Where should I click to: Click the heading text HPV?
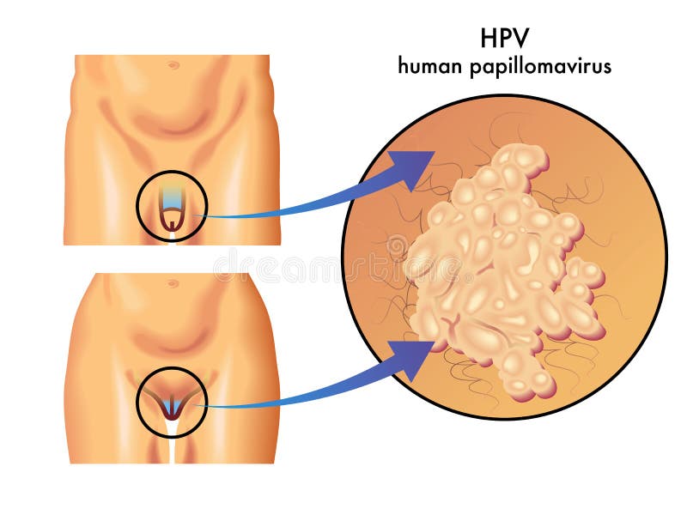point(504,38)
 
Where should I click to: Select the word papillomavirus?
point(541,67)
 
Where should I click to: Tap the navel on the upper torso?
point(173,66)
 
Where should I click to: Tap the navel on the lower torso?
point(173,283)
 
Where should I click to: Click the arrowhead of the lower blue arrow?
point(412,358)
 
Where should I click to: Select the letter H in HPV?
point(488,38)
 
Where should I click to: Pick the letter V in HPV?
point(521,38)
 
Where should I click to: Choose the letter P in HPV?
point(505,38)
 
